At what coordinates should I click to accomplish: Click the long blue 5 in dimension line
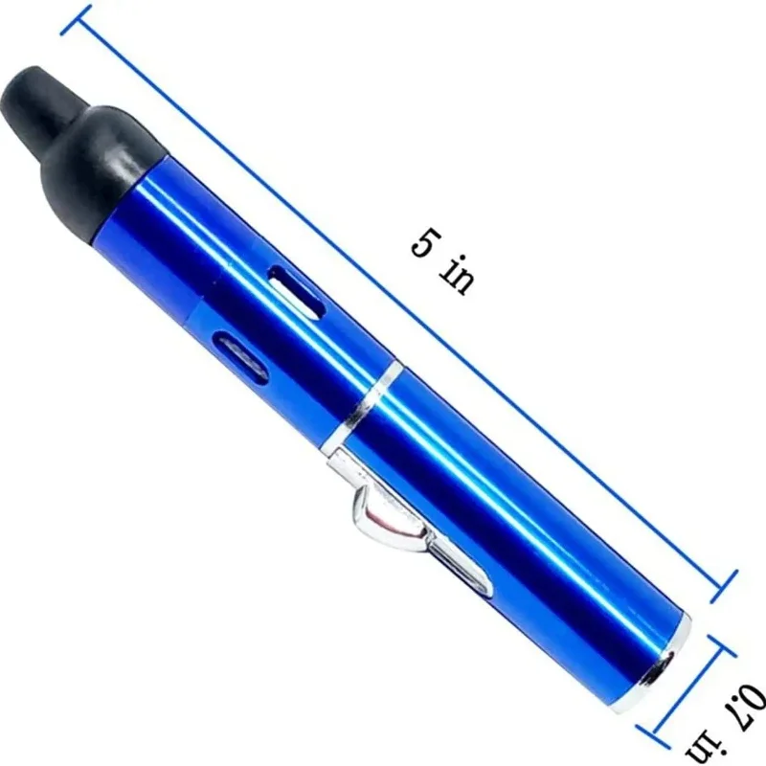[x=402, y=297]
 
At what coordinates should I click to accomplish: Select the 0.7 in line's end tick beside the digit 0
[x=732, y=645]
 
